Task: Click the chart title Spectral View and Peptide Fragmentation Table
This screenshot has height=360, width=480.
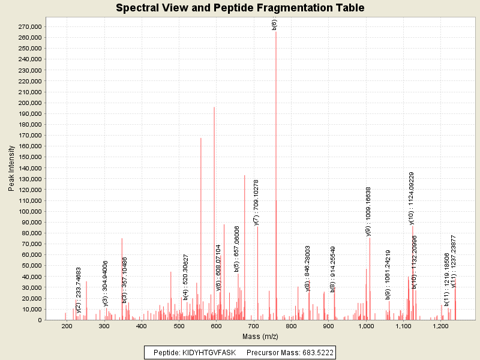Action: (x=240, y=8)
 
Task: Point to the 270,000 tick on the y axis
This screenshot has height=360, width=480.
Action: (x=29, y=27)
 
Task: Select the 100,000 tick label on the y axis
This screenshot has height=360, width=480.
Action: (x=29, y=211)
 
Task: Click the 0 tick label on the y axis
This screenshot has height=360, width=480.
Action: (x=39, y=320)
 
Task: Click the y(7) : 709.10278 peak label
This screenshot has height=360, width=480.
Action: (x=257, y=202)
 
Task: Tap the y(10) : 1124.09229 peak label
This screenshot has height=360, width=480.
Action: (x=412, y=197)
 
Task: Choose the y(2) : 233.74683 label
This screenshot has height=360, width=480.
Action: (x=79, y=290)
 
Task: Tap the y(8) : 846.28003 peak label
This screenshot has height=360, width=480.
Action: (x=308, y=268)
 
